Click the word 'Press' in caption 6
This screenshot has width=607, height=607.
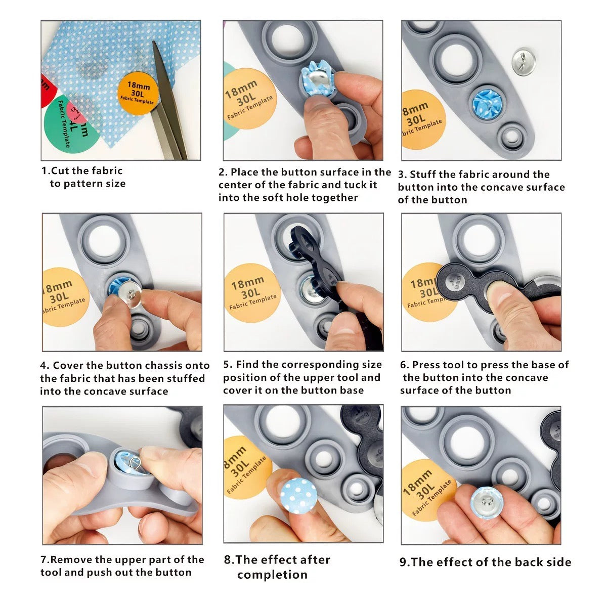tap(425, 365)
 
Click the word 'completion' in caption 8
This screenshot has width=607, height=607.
tap(272, 575)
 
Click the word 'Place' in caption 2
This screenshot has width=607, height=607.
tap(245, 172)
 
